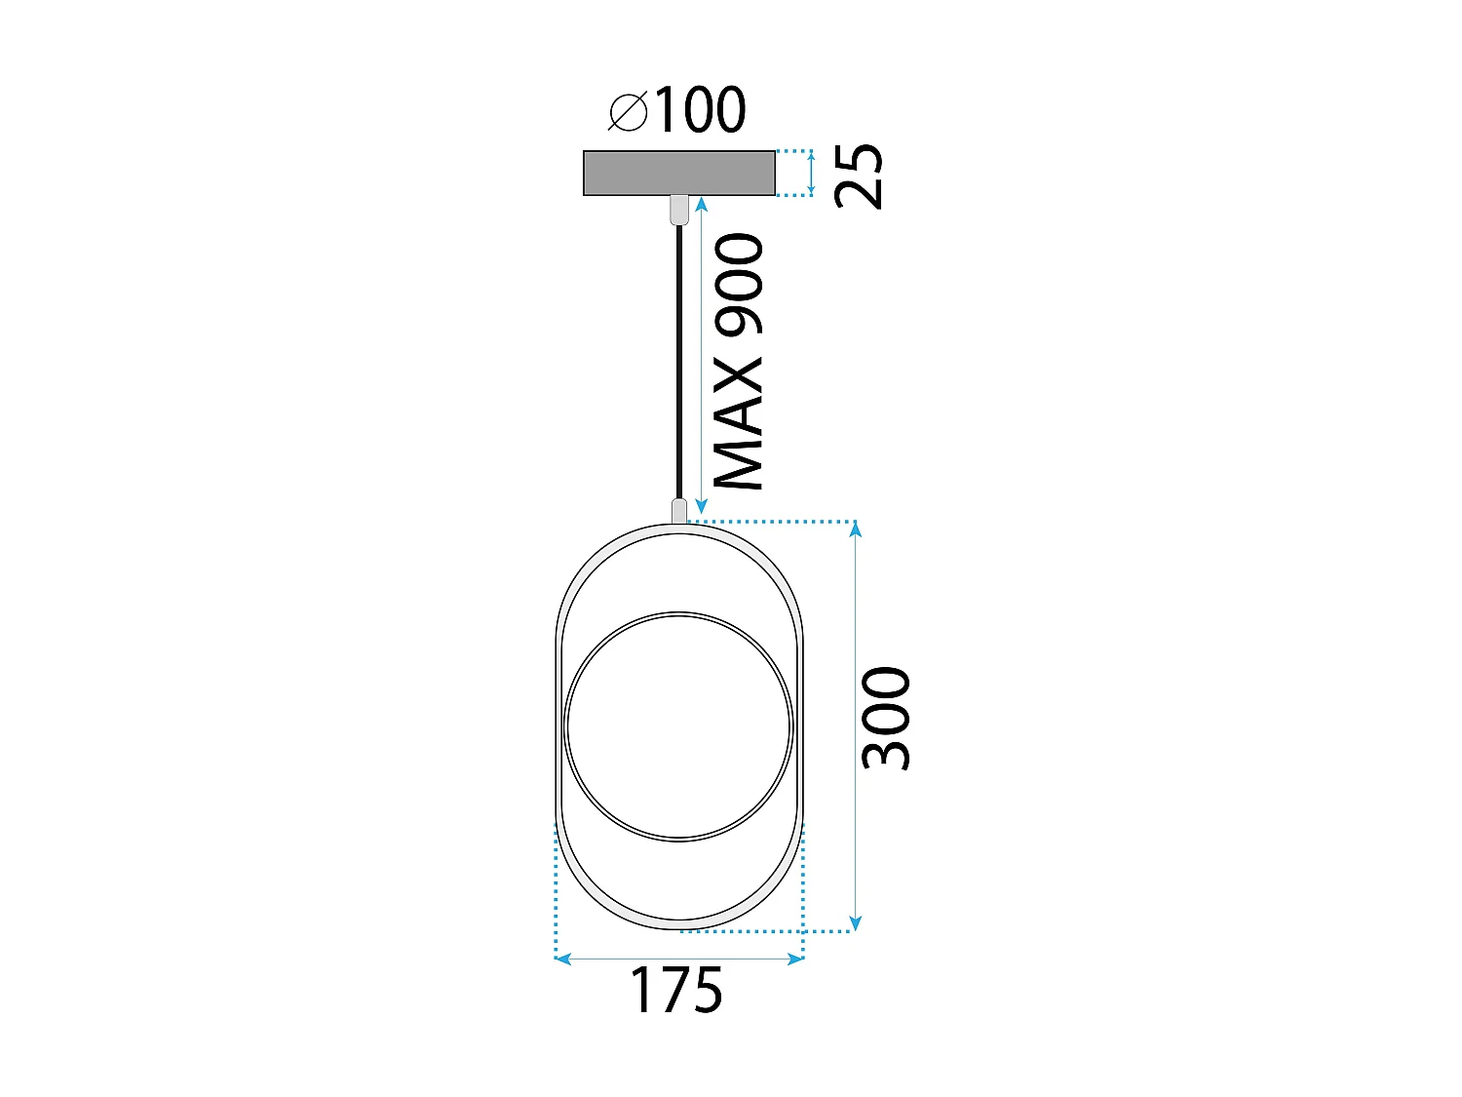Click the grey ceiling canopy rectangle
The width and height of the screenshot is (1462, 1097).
pos(679,173)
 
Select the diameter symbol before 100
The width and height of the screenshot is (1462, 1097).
pos(628,111)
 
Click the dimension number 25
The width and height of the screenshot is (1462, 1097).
pos(860,176)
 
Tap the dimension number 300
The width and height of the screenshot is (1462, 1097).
pos(885,719)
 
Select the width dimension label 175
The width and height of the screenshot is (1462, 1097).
pos(676,992)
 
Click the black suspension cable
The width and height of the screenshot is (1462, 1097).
pos(679,361)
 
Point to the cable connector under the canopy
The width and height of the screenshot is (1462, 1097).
pos(679,209)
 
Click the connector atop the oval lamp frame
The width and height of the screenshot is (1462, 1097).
pos(679,510)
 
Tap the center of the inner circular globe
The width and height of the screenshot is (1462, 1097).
pos(678,726)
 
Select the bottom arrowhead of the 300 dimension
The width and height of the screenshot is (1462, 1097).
pos(855,923)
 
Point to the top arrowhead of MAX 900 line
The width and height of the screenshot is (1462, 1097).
pos(701,203)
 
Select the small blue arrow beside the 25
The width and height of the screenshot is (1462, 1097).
pos(811,173)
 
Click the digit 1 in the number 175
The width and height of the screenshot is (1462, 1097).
pos(643,992)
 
